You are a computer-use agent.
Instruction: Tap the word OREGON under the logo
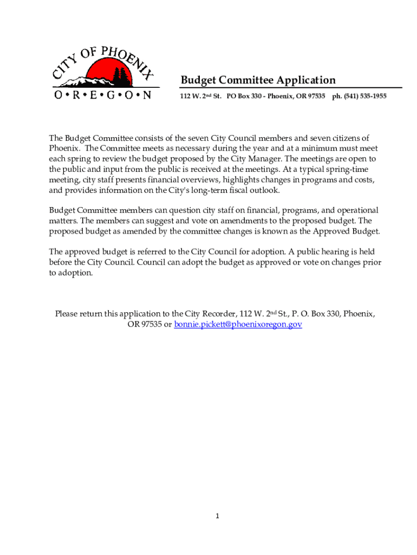(102, 95)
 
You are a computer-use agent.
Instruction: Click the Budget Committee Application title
(258, 80)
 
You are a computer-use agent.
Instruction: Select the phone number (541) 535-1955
(364, 96)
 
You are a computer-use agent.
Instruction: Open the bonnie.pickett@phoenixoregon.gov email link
(238, 324)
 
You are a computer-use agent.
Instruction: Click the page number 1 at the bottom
(217, 516)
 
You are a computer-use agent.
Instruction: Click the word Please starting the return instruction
(68, 314)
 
